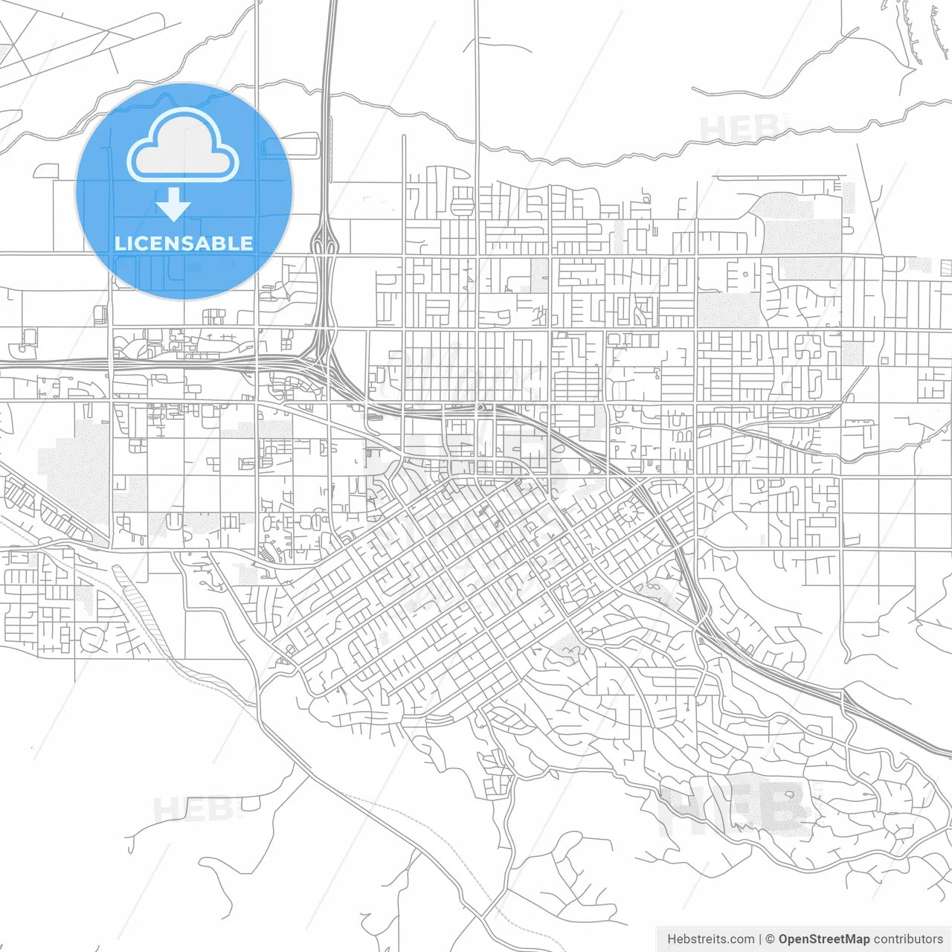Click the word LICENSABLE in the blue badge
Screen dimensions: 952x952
coord(184,243)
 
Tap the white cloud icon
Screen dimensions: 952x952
coord(183,146)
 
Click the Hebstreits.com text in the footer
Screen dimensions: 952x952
coord(710,939)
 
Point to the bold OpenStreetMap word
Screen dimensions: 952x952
coord(824,939)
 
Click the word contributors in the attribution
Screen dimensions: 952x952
coord(908,939)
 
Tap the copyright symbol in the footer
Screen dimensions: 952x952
coord(771,939)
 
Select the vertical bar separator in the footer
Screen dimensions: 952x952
coord(759,939)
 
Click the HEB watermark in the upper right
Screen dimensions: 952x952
coord(740,129)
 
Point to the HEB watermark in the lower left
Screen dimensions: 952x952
coord(195,809)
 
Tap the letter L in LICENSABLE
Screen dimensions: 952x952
coord(119,243)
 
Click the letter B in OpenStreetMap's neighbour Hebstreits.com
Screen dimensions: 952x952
coord(686,939)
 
